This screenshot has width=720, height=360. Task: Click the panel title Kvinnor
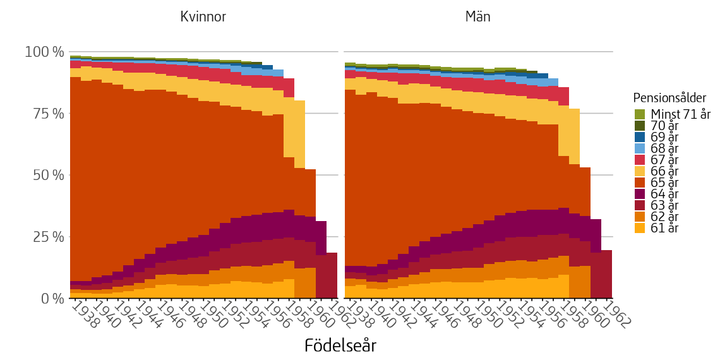pos(203,17)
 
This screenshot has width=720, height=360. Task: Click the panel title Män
pos(477,17)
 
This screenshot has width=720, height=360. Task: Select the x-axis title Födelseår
pos(340,345)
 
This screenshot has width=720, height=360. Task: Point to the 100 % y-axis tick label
pos(44,52)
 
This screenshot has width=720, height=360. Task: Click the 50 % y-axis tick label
pos(48,175)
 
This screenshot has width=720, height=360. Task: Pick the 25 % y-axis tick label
pos(48,237)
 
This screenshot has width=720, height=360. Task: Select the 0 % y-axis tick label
pos(51,298)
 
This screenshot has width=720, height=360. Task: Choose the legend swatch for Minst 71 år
pos(640,114)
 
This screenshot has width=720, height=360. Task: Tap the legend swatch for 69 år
pos(640,137)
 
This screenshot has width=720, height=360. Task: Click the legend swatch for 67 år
pos(640,160)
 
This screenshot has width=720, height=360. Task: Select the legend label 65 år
pos(664,183)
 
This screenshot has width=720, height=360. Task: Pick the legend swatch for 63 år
pos(640,205)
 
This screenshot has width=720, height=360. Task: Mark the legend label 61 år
pos(664,228)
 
